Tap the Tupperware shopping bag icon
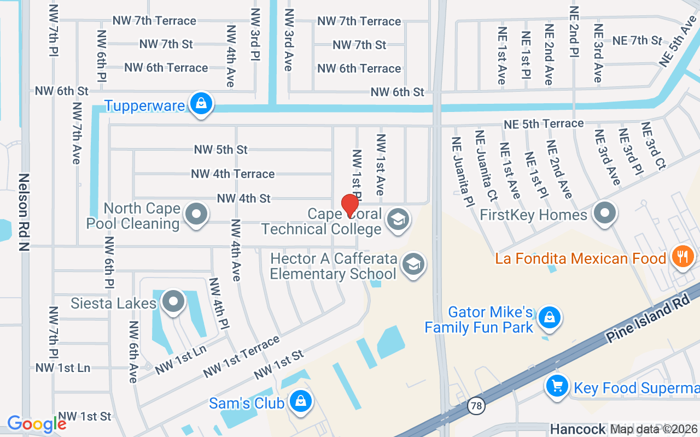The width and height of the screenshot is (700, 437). coord(201,103)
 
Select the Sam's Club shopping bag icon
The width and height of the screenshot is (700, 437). coord(300,401)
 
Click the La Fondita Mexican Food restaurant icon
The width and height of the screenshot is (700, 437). coord(682,256)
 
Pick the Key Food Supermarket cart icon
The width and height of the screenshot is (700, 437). coord(557,386)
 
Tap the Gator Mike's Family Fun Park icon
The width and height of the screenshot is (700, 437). coord(550,317)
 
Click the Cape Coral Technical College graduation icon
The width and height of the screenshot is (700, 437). coord(398,220)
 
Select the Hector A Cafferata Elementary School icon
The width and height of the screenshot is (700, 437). coord(413,264)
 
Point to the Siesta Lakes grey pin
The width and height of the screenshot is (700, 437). coord(173,301)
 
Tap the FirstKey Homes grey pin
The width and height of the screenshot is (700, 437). coord(605,214)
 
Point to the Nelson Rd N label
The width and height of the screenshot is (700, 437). coord(24,213)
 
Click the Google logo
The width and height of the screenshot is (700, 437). coord(37,424)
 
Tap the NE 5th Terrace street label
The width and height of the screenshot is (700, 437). coord(544,124)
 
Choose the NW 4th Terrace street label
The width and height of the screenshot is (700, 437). coord(232,174)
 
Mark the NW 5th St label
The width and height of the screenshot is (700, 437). coord(220,149)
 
